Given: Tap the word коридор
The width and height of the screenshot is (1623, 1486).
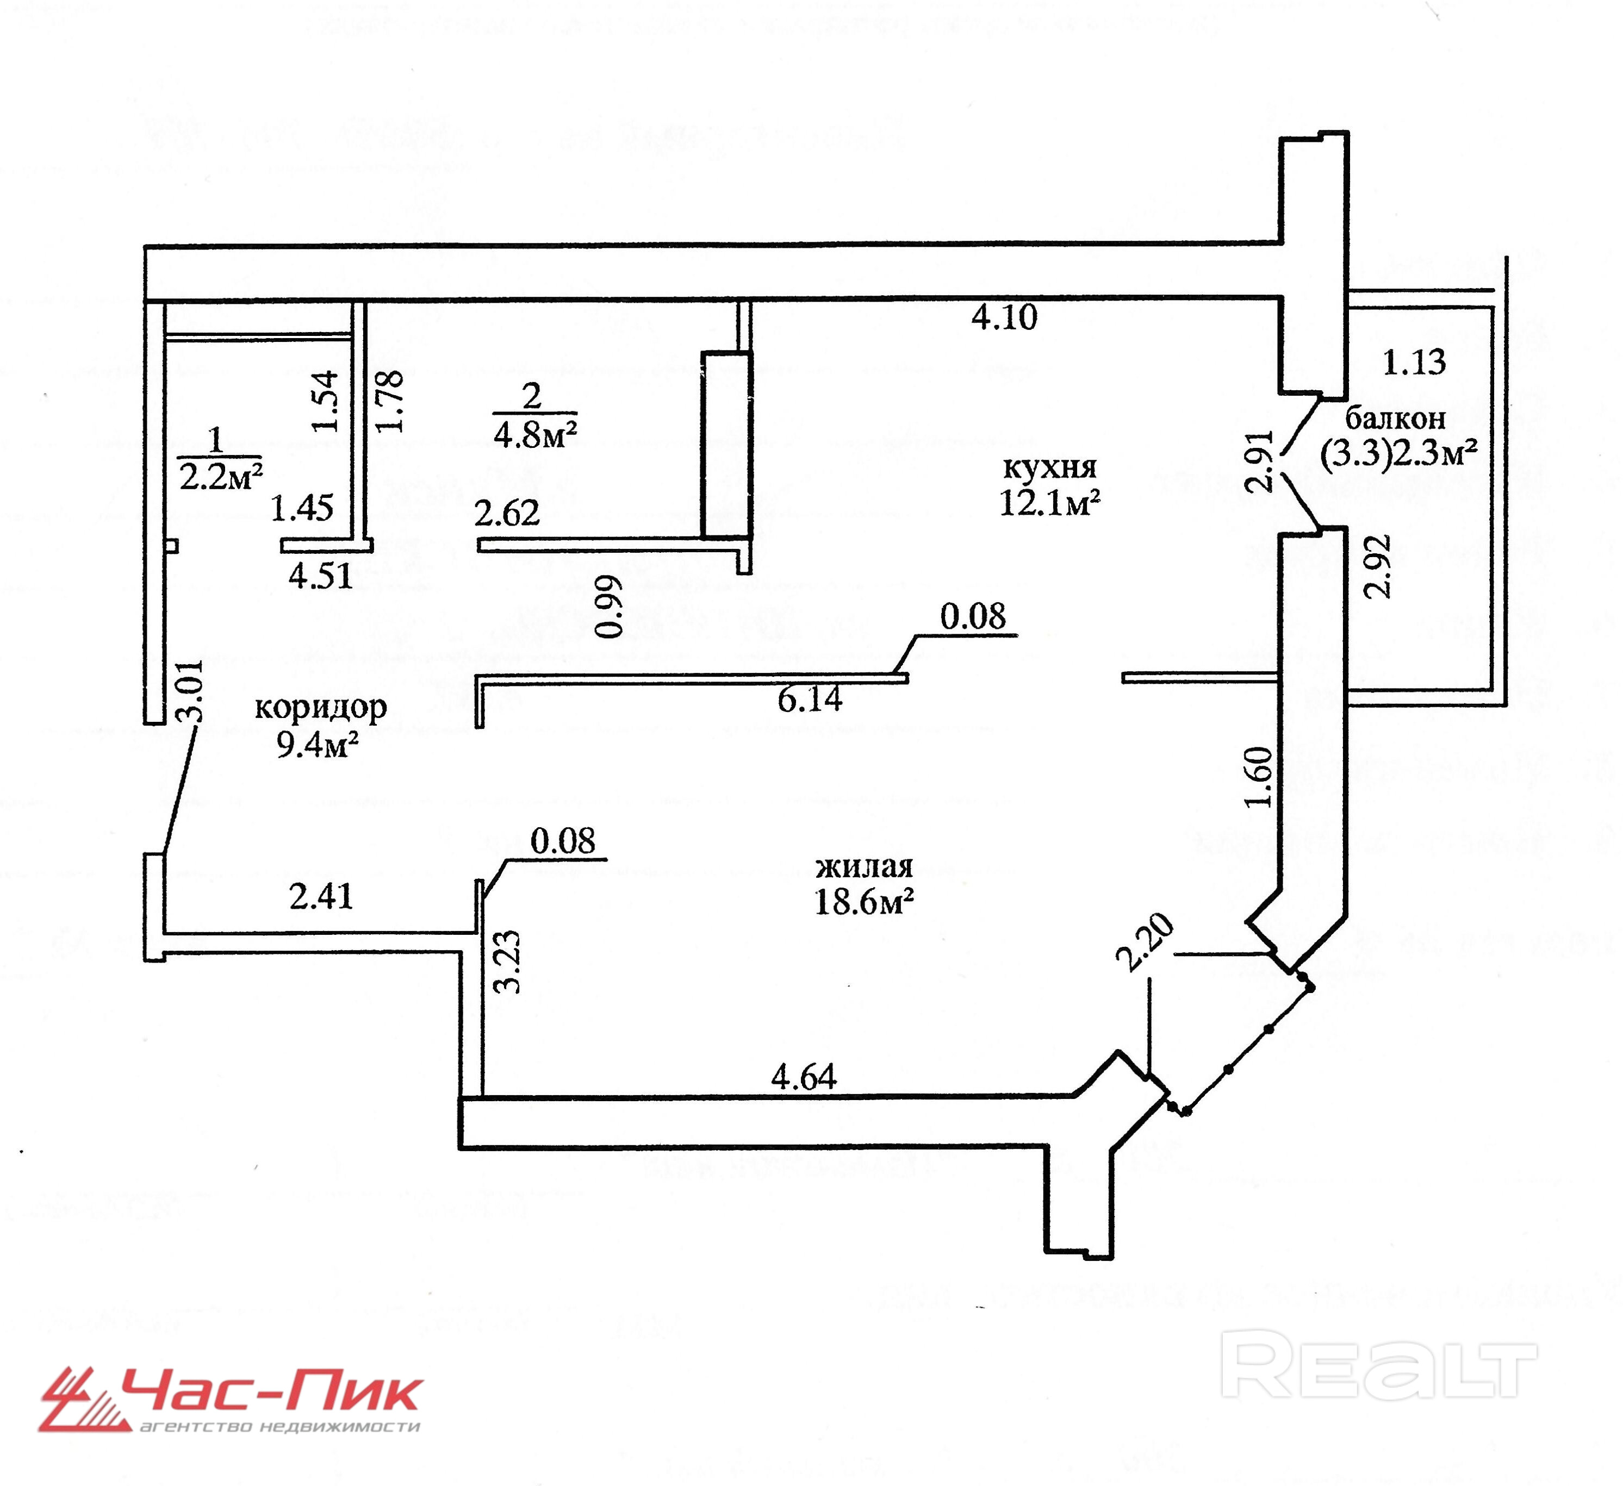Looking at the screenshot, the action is (320, 707).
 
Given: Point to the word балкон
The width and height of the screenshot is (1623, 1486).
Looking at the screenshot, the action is (1395, 418).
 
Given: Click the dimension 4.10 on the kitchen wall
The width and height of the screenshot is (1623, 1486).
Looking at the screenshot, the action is (1004, 317).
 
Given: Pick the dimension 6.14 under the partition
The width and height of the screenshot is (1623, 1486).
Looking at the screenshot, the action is (810, 699).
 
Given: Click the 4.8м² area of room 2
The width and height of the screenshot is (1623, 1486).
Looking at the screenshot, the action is (536, 435).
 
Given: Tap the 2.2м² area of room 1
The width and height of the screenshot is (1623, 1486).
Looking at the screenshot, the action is (221, 478).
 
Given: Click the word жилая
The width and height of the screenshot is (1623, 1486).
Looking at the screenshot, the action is (864, 867).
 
